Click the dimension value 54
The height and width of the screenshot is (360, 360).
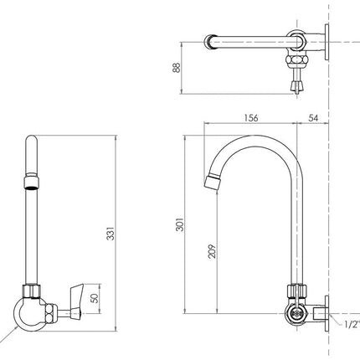point(313,118)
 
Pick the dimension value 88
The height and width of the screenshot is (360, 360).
point(176,66)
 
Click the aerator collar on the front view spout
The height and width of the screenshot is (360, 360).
point(31,178)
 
